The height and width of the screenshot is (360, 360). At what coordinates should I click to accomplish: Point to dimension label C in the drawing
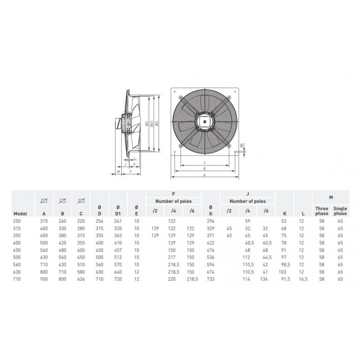205,162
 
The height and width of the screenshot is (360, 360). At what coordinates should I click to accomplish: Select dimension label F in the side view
130,172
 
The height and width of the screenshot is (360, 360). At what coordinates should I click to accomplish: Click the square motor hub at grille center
205,117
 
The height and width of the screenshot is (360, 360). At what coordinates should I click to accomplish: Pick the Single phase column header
340,210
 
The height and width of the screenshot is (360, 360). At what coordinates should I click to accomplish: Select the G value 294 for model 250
210,220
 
